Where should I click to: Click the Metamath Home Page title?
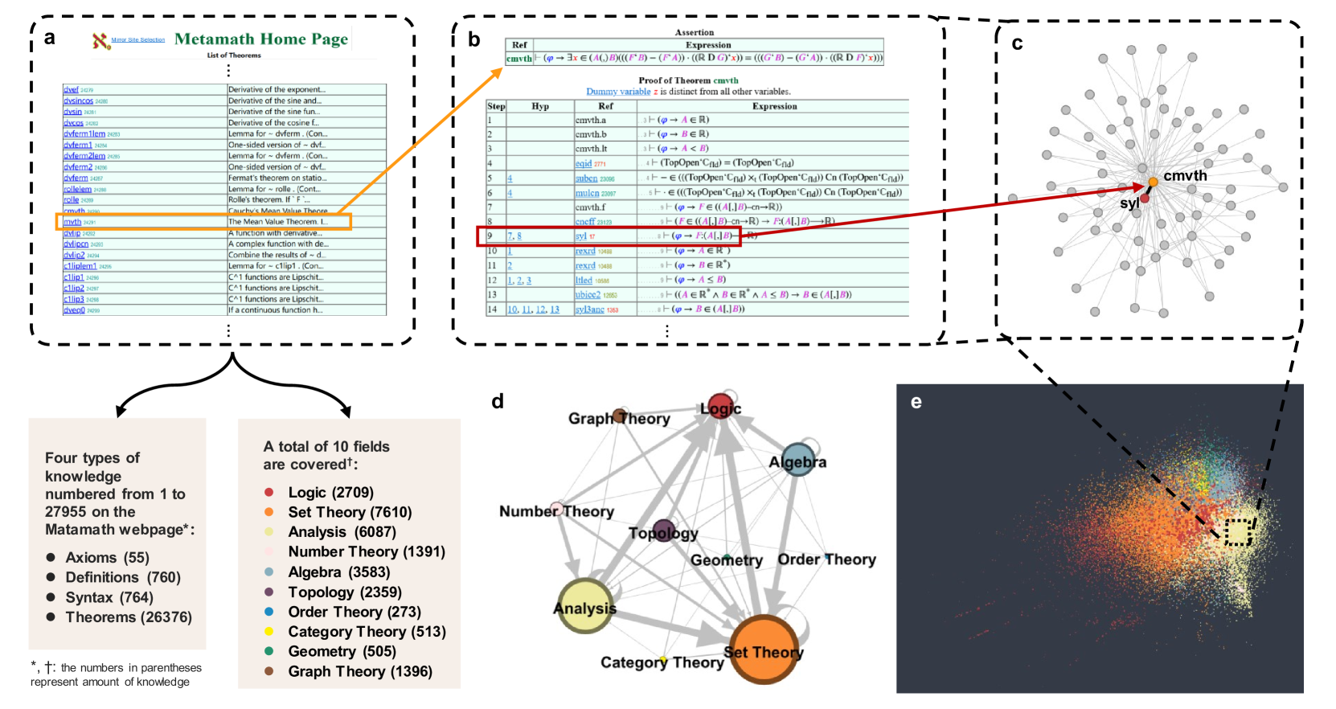point(261,39)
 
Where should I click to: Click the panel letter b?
point(474,39)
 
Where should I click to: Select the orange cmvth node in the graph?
point(1153,182)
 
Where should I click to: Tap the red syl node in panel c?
point(1145,198)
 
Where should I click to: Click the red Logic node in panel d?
point(720,406)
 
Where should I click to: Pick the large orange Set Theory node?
point(764,649)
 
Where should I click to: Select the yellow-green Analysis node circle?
point(584,605)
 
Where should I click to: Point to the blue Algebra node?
point(797,459)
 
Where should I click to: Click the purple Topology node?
point(663,531)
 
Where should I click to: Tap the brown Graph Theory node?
point(619,416)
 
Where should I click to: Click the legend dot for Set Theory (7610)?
point(269,512)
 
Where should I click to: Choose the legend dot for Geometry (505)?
point(269,651)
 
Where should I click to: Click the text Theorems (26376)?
point(129,617)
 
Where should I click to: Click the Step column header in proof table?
point(496,106)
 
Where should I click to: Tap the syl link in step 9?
point(580,236)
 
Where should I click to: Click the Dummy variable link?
point(618,92)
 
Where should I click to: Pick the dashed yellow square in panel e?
point(1238,532)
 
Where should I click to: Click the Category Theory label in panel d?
point(662,662)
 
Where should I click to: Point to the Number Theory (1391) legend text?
point(367,551)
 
